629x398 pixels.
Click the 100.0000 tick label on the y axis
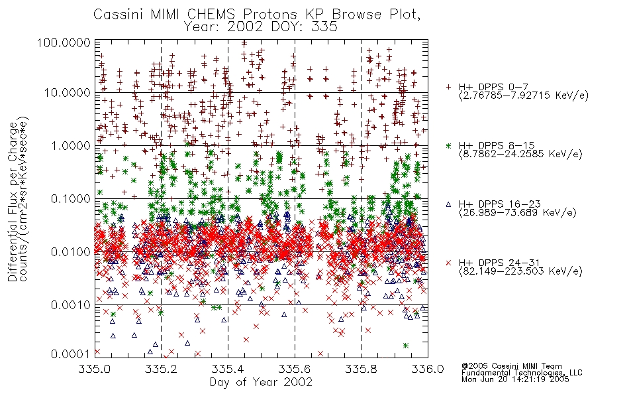tap(64, 42)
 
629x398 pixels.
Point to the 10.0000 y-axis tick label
tap(67, 93)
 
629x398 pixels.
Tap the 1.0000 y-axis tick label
tap(70, 145)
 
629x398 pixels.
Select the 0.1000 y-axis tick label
tap(70, 198)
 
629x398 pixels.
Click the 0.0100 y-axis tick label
tap(70, 252)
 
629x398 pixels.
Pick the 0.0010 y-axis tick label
tap(70, 305)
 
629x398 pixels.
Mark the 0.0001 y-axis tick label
tap(70, 354)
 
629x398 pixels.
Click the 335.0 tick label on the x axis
tap(94, 369)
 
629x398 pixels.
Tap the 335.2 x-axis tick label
tap(161, 369)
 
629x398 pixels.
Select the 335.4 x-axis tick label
tap(228, 369)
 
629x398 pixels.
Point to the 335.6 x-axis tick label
tap(295, 369)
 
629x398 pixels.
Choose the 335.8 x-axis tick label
tap(361, 369)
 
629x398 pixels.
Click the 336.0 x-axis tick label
tap(428, 369)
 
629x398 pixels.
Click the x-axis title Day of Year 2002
tap(261, 382)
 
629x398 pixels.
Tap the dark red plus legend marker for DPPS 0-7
tap(448, 87)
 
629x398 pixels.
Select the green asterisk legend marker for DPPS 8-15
tap(448, 145)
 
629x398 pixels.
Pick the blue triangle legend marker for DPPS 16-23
tap(448, 204)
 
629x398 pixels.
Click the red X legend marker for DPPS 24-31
tap(448, 263)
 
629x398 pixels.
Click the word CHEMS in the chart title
tap(211, 15)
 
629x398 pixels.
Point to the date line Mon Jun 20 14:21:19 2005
tap(515, 379)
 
